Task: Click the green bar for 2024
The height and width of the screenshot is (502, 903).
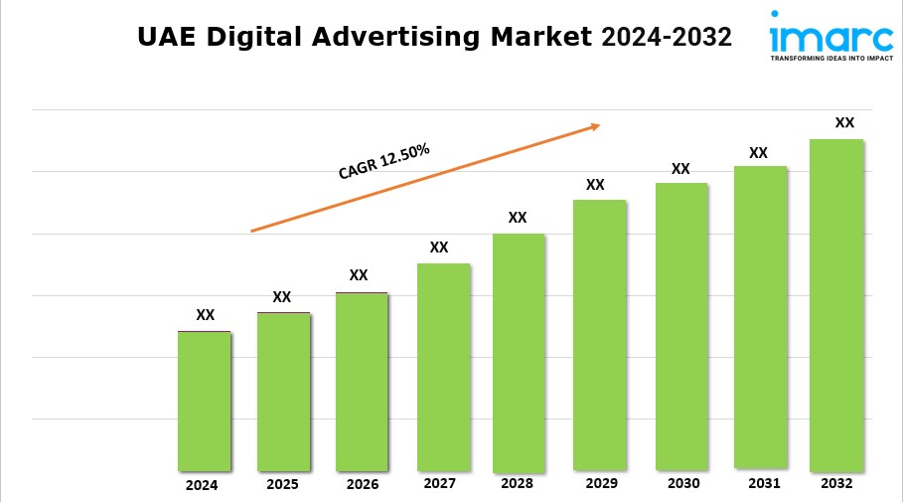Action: pos(205,401)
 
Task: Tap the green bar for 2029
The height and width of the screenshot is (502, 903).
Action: pos(599,334)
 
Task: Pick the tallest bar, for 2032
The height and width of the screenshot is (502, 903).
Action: pos(836,304)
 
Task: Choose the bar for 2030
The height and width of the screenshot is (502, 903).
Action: pos(681,326)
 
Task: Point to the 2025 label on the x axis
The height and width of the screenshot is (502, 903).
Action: pos(282,485)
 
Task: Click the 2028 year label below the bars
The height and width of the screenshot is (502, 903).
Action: pos(517,484)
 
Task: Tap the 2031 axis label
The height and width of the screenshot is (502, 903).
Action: pos(759,483)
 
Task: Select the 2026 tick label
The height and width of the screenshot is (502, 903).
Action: pos(362,485)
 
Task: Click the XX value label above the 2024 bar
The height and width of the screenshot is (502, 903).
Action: pos(205,315)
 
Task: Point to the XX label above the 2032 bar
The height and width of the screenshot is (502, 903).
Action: pos(844,122)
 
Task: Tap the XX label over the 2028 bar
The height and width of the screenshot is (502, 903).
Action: pos(518,218)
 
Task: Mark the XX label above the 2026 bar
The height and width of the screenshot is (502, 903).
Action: pos(359,275)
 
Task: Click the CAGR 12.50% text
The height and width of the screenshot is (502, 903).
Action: pos(383,162)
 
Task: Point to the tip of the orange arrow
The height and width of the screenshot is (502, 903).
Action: pos(599,125)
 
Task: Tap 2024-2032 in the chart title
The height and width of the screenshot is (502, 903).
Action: pos(667,38)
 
